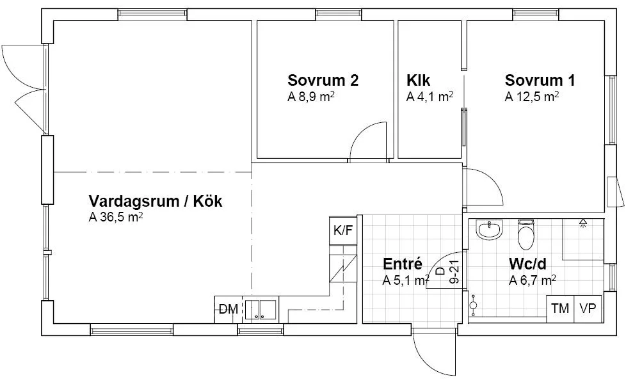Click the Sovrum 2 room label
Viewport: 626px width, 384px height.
(x=323, y=81)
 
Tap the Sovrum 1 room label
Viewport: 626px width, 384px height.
(x=540, y=81)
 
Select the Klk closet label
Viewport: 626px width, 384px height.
(x=418, y=81)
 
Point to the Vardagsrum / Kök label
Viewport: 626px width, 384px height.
(x=156, y=201)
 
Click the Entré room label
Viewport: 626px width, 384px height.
(x=402, y=264)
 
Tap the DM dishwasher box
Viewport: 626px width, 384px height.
(x=228, y=310)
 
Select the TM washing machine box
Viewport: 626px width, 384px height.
(x=560, y=308)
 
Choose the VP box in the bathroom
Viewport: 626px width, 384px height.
(x=588, y=308)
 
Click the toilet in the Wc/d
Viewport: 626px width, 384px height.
(x=526, y=236)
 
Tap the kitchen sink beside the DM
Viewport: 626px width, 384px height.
(x=260, y=310)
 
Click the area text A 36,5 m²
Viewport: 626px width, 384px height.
(x=115, y=218)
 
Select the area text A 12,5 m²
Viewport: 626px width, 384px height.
(x=532, y=97)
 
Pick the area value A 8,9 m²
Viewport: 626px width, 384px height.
(x=312, y=97)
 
